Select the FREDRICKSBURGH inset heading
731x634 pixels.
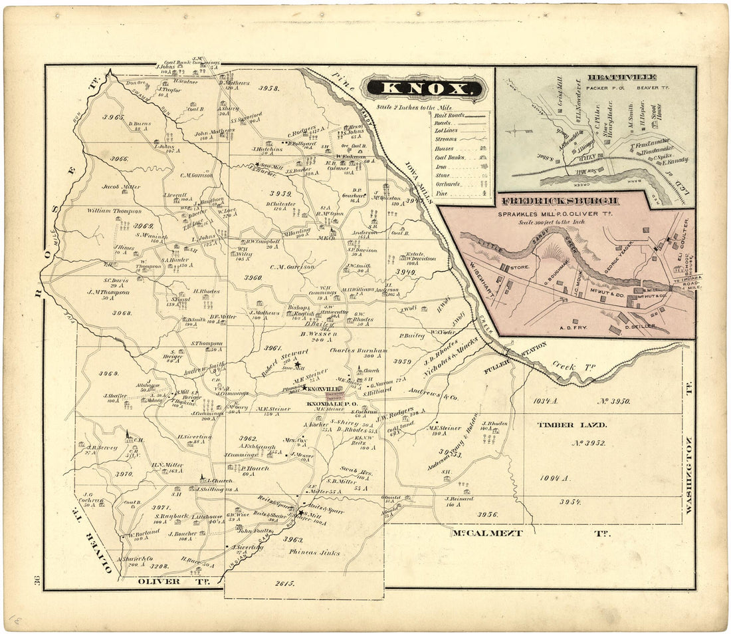(561, 201)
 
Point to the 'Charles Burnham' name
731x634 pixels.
(358, 350)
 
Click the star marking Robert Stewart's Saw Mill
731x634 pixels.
(297, 363)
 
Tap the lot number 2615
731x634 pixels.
(283, 583)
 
